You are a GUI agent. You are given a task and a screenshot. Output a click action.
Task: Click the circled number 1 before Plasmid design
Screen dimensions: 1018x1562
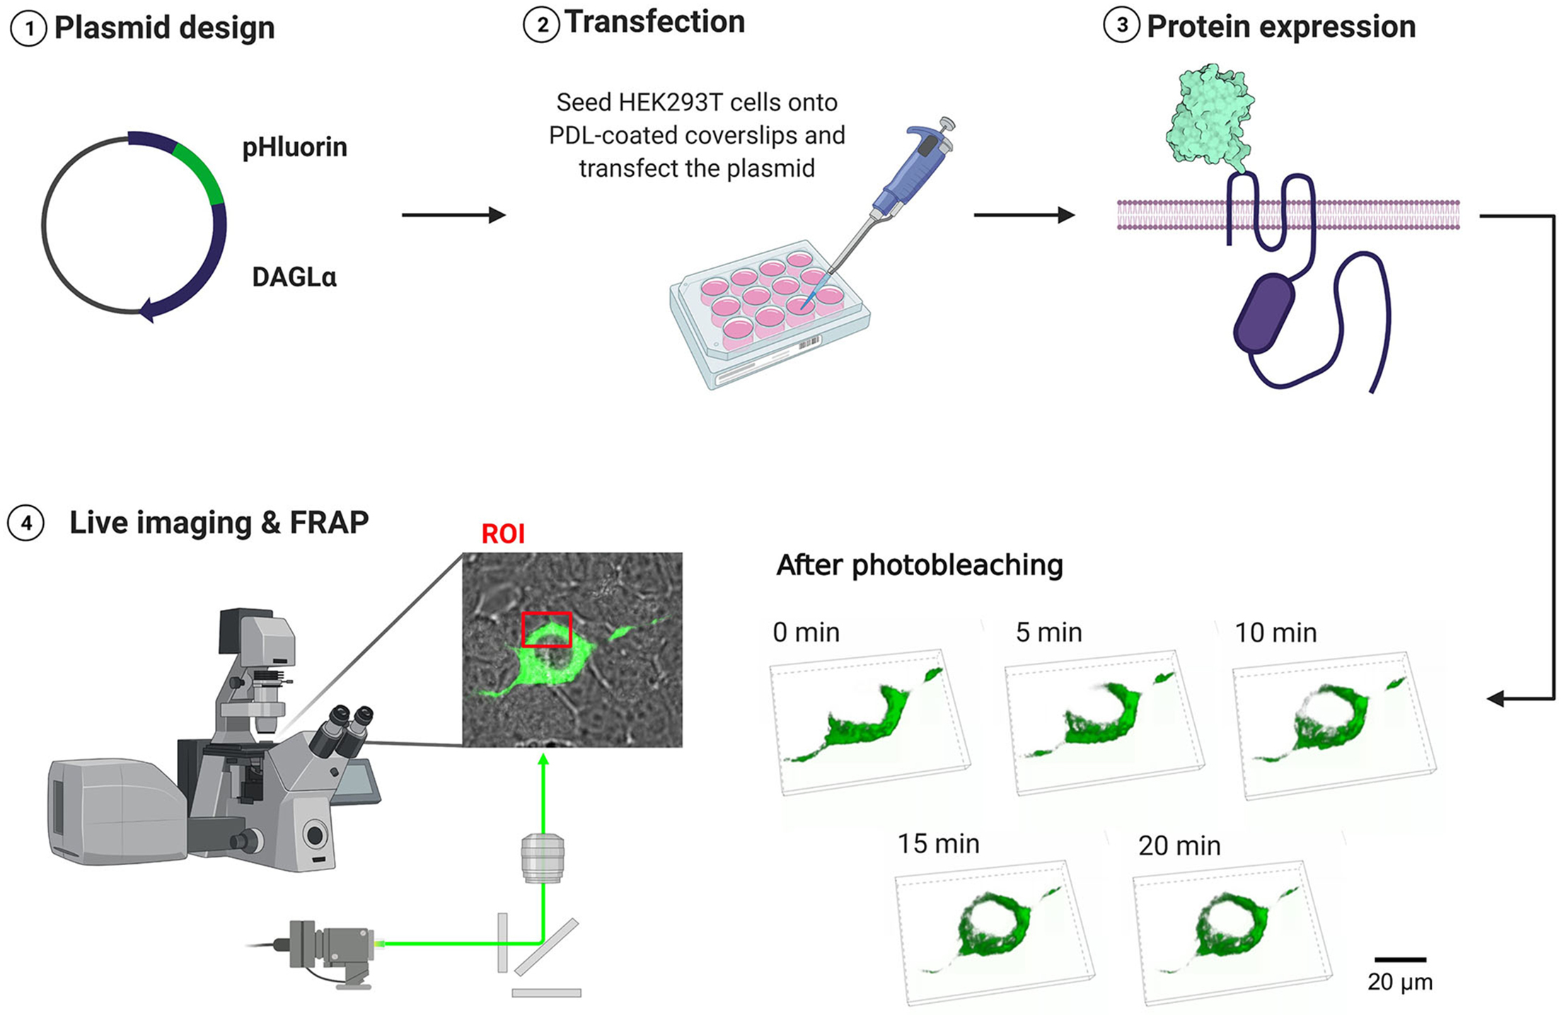[28, 29]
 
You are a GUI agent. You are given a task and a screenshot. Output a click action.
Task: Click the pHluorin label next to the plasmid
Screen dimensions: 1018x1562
[295, 147]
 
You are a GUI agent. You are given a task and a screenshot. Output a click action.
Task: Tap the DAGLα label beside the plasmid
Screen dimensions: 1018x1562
[294, 277]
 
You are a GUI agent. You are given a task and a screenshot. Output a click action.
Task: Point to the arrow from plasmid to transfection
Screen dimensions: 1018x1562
[453, 215]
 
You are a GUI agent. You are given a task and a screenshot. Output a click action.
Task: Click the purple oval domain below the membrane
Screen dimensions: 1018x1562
[1264, 313]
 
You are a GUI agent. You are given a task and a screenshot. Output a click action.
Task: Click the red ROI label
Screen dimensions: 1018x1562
[503, 534]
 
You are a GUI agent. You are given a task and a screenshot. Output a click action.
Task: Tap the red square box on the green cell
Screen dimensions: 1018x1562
[546, 630]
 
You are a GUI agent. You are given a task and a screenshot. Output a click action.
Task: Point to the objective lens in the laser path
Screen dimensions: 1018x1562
[543, 858]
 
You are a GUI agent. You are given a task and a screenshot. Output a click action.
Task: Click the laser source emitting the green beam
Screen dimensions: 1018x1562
[329, 945]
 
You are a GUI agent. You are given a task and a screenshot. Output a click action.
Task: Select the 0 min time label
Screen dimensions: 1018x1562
[806, 632]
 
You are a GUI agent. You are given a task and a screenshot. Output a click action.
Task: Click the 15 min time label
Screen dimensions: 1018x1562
[938, 844]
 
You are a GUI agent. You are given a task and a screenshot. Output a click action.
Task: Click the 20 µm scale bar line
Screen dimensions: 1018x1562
[1400, 960]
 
